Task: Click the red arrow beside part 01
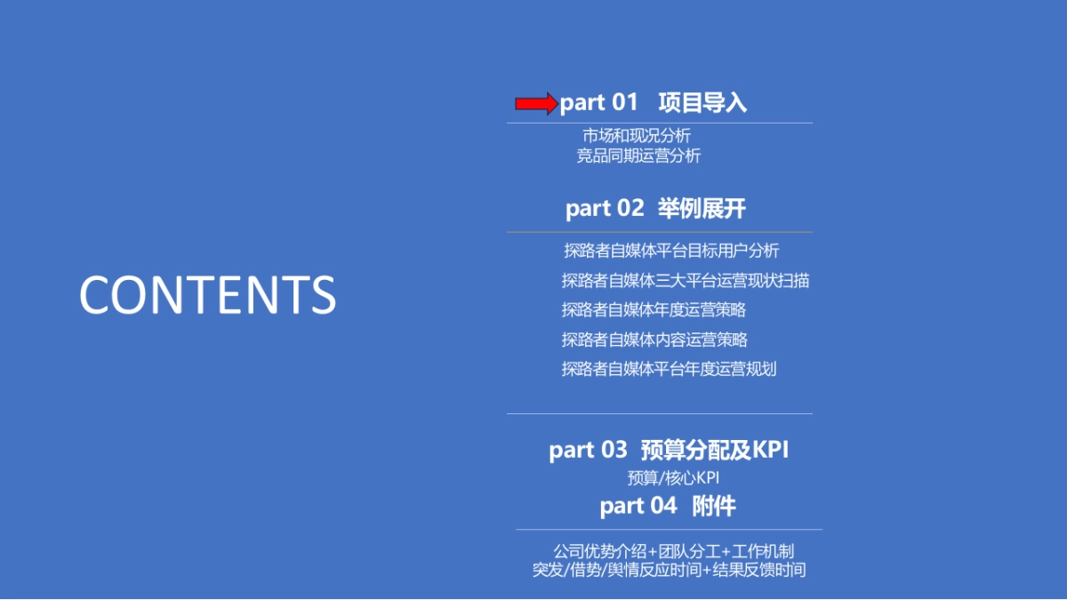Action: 536,104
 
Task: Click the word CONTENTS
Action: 207,295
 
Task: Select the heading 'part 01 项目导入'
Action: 653,103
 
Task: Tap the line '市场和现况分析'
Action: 637,136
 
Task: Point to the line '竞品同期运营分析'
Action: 638,156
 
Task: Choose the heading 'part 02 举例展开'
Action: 655,209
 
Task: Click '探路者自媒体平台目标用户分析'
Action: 671,251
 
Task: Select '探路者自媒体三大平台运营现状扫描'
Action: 685,281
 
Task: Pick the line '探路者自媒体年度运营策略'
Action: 654,310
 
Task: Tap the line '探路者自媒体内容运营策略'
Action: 654,340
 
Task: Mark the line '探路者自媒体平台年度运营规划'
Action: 669,369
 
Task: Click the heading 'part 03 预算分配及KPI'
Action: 669,450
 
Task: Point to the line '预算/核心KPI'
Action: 673,478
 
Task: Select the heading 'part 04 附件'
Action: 667,507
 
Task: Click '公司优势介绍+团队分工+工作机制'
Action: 673,552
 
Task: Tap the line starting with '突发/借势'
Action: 669,571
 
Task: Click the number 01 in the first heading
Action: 624,103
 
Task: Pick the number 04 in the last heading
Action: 663,507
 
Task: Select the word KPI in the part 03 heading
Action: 771,450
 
